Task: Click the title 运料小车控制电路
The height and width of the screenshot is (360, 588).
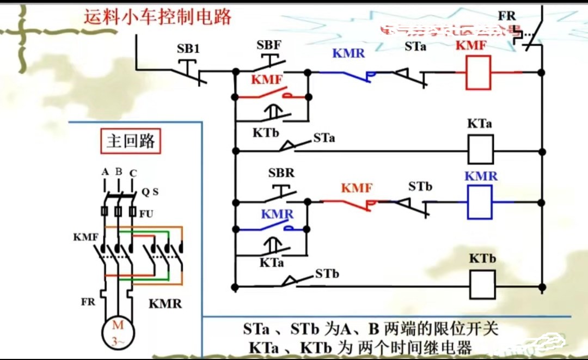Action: point(158,17)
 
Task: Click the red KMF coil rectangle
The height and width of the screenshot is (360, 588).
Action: point(477,72)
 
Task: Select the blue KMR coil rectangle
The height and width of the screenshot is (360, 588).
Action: point(479,202)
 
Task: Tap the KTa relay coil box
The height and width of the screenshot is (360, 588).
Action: point(481,149)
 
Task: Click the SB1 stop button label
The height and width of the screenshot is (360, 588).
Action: point(188,48)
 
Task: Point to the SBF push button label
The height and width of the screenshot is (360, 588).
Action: point(269,45)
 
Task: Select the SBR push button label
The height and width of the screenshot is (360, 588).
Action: point(281,173)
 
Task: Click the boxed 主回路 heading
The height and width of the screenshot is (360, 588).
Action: point(131,142)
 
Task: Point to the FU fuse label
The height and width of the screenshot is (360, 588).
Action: point(146,214)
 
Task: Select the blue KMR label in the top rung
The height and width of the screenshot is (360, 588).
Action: point(348,53)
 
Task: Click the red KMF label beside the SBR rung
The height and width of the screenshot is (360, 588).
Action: point(357,188)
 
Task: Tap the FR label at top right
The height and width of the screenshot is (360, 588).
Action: point(506,16)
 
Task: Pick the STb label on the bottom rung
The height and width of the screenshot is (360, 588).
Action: point(327,273)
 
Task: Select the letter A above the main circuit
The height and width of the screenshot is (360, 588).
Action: point(105,172)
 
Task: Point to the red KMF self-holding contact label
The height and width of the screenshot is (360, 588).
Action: point(267,80)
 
